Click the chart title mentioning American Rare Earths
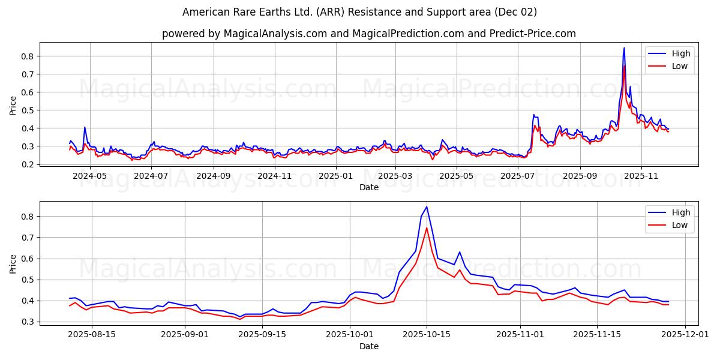coord(359,12)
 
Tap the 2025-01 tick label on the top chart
coord(335,176)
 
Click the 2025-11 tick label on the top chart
coord(641,176)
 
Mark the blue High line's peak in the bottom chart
coord(427,207)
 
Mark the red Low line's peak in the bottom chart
coord(427,227)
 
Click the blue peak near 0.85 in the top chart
coord(624,48)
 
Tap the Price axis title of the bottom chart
coord(13,263)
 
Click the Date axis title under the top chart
coord(368,187)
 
